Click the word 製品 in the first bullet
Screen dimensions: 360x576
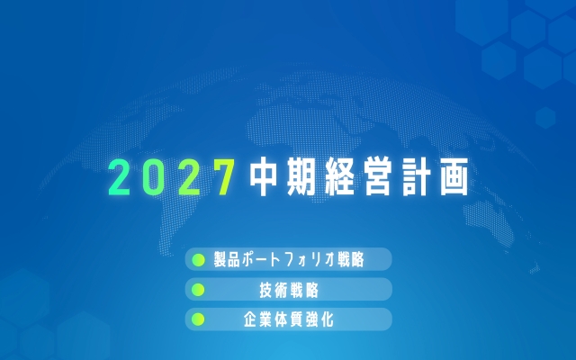[227, 260]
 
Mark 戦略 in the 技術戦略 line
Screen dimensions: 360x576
[303, 290]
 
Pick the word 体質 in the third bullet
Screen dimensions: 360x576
[288, 319]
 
